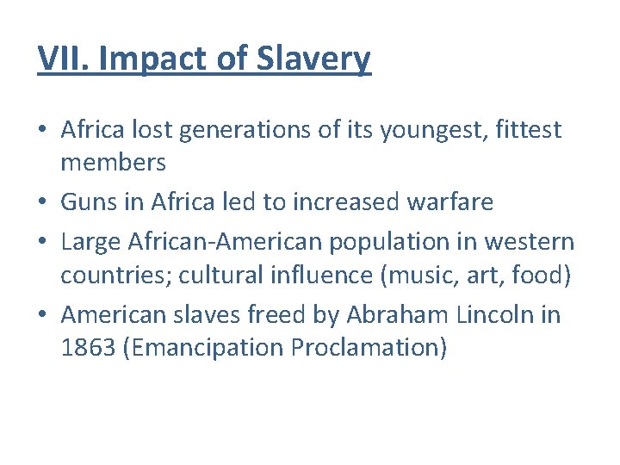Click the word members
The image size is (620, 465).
113,162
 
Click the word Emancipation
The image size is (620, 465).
203,348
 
